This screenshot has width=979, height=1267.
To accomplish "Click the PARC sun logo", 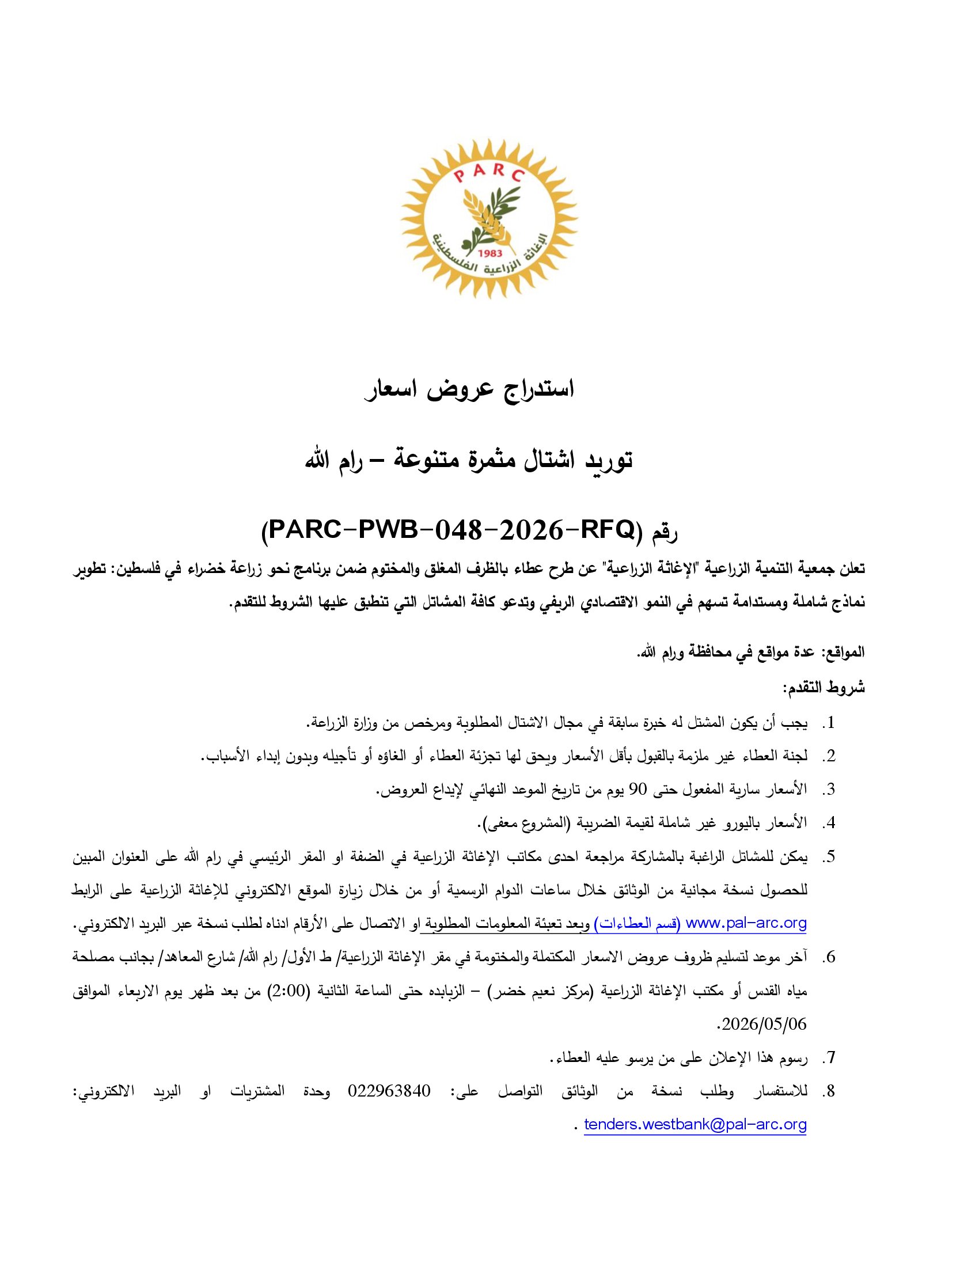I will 489,219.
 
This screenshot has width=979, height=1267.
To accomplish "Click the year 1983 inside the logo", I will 488,253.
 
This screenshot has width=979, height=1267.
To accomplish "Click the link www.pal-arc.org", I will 745,923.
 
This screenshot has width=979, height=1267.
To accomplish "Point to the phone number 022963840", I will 389,1091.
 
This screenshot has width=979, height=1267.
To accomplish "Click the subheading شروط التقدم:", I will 824,688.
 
